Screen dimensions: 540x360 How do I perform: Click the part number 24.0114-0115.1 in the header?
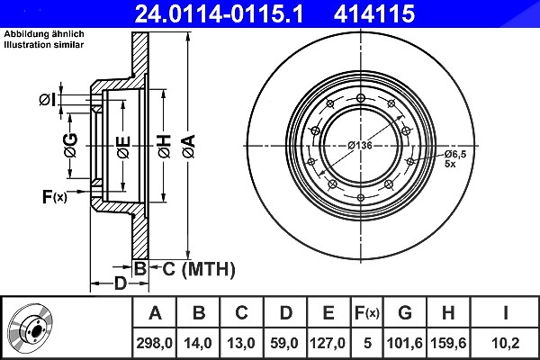(219, 14)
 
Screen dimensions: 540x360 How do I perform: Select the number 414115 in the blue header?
(374, 14)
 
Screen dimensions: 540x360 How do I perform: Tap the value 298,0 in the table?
(154, 343)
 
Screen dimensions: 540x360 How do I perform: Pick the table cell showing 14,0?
(198, 343)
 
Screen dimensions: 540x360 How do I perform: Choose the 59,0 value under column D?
(284, 343)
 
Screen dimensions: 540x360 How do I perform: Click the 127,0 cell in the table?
(328, 343)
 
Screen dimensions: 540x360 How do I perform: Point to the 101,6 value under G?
(405, 343)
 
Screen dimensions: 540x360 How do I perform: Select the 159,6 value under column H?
(448, 343)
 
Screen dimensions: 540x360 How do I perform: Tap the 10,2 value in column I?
(505, 343)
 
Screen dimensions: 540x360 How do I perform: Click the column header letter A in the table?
(155, 313)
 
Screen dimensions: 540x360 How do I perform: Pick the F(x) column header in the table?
(367, 313)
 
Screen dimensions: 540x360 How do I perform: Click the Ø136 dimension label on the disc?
(360, 146)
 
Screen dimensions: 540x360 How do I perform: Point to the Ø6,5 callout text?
(454, 154)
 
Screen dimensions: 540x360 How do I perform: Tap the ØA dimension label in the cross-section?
(189, 147)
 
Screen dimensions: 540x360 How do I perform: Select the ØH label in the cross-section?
(165, 147)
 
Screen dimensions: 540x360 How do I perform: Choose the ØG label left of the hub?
(70, 146)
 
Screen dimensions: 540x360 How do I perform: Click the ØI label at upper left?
(47, 100)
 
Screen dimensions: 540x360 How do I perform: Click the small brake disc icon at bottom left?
(31, 328)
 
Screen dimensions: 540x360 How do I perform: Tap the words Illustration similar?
(44, 45)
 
